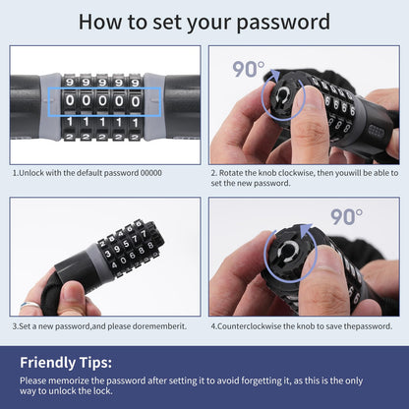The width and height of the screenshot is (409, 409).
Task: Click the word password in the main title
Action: click(x=283, y=23)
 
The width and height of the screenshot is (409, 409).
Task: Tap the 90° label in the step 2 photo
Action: click(x=249, y=69)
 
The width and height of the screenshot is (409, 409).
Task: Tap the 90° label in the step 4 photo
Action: click(x=346, y=216)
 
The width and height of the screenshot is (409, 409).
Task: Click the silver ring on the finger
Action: click(x=29, y=305)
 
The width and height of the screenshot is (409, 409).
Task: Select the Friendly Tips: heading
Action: click(x=66, y=363)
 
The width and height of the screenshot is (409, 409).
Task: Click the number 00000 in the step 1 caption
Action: click(x=151, y=173)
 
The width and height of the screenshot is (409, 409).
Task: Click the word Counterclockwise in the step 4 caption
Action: click(x=247, y=326)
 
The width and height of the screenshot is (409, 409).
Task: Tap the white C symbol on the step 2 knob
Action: click(x=281, y=96)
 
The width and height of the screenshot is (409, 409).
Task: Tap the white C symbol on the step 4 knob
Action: click(x=288, y=252)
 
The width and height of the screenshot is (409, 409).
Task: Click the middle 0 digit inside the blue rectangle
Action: click(x=102, y=100)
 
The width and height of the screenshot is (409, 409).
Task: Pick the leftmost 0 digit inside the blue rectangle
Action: click(x=70, y=100)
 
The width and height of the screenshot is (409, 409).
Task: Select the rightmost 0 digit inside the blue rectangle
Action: click(x=136, y=101)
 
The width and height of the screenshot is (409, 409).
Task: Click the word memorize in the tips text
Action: click(x=69, y=380)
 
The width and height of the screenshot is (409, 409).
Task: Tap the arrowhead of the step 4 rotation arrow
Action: click(x=306, y=229)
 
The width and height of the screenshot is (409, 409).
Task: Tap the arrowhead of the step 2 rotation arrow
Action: click(x=275, y=76)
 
